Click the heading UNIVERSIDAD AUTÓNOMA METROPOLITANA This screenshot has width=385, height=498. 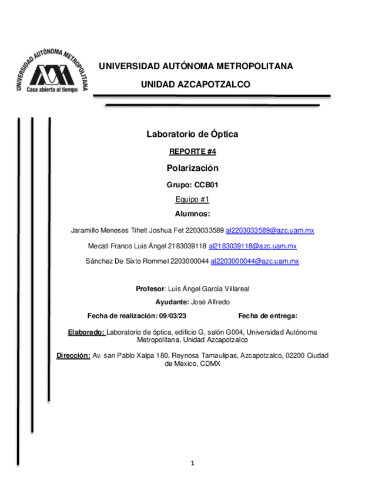[195, 66]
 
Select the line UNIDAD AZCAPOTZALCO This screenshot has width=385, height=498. [195, 85]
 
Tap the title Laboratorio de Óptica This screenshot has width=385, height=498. [192, 134]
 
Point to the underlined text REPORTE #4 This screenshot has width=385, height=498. [192, 152]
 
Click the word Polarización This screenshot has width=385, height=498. [192, 168]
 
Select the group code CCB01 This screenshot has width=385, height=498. [206, 185]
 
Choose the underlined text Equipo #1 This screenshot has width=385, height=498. [192, 200]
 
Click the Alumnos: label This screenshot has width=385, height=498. [192, 214]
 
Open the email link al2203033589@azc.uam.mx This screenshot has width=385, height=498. [270, 230]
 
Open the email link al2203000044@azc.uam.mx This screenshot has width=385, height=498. [255, 261]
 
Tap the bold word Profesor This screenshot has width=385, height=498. [150, 288]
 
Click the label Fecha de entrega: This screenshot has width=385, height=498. [267, 316]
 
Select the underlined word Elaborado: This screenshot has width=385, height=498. [86, 332]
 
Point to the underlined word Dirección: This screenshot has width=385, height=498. [73, 356]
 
